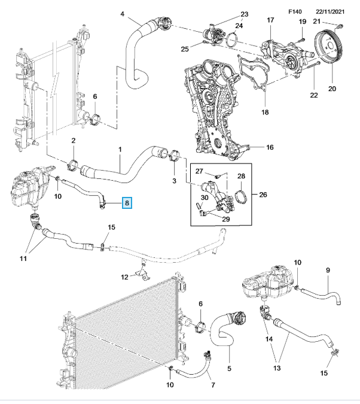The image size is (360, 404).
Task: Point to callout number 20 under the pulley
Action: (332, 89)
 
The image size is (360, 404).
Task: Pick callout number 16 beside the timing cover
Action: (269, 147)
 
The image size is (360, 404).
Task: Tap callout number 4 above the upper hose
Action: (122, 14)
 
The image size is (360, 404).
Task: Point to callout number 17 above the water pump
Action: (270, 21)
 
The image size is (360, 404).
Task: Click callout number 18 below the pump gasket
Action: (266, 111)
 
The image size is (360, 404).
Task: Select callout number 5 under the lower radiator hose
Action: (230, 362)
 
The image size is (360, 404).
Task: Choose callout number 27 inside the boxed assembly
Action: (200, 171)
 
